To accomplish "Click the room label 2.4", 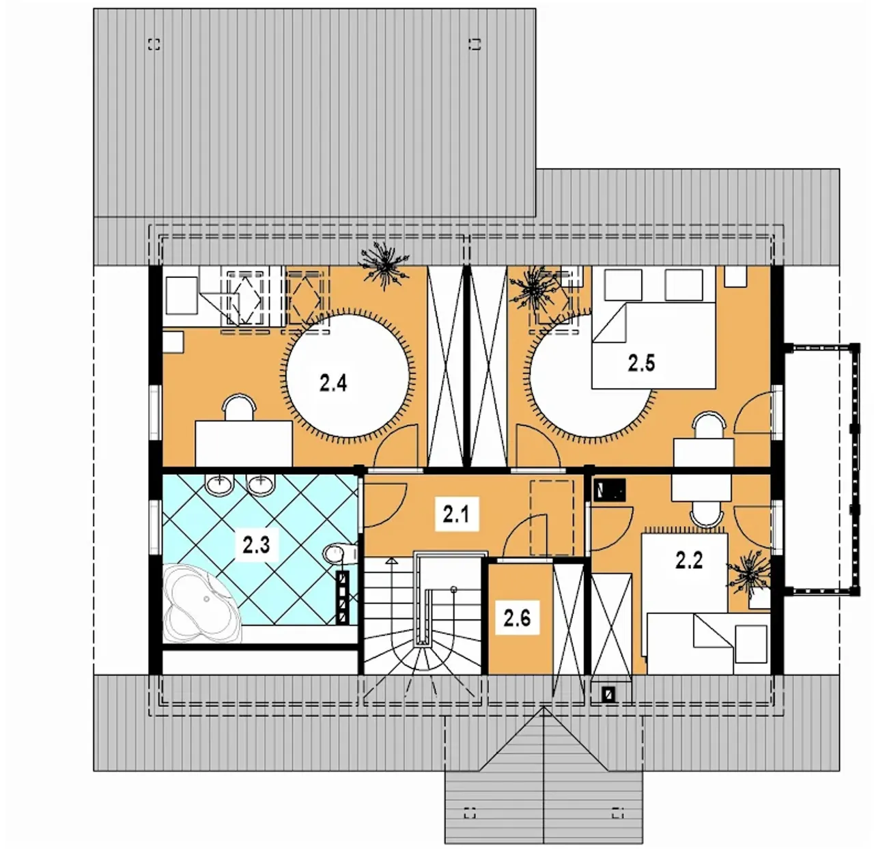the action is click(x=333, y=383).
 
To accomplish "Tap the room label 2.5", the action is click(x=641, y=363).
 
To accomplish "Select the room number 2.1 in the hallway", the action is click(x=456, y=514).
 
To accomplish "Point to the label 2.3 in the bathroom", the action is click(x=256, y=545).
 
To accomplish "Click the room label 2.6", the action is click(x=517, y=618).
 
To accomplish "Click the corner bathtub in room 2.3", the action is click(x=201, y=603).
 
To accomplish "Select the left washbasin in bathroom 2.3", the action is click(x=220, y=485).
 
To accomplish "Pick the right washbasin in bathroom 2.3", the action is click(x=261, y=485).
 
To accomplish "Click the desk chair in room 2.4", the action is click(x=240, y=408).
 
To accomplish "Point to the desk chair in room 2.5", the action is click(x=708, y=426).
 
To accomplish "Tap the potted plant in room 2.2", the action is click(x=749, y=576).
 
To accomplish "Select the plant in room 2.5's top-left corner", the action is click(x=535, y=290).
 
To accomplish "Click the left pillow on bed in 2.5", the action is click(x=623, y=284).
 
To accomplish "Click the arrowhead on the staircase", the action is click(x=392, y=561).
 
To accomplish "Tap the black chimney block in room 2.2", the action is click(x=610, y=490).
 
